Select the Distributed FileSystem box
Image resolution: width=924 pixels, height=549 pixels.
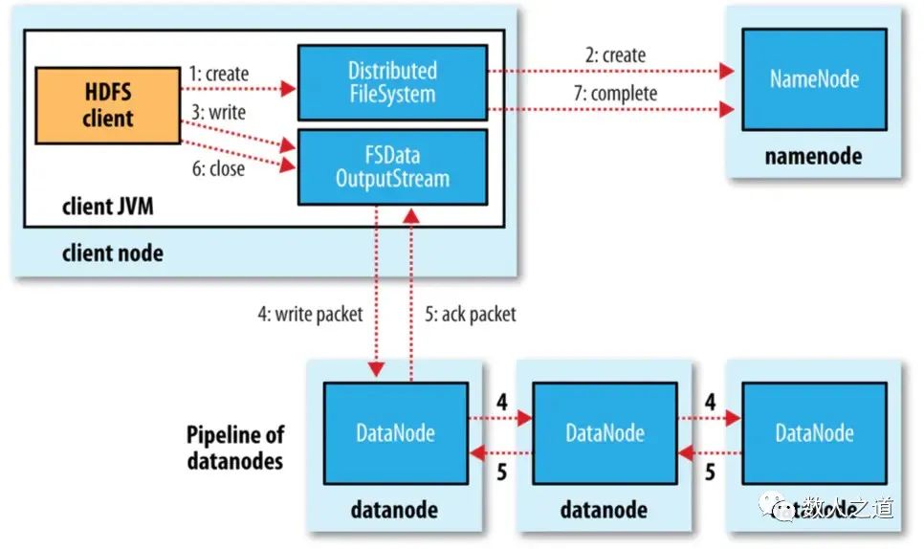point(392,82)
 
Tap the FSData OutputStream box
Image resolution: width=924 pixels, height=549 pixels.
point(392,166)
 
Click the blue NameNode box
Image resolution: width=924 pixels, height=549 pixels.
point(814,78)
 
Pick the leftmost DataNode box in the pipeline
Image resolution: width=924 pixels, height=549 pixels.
point(395,432)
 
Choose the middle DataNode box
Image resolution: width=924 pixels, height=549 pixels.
point(605,433)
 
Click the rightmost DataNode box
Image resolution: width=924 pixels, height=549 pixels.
point(814,433)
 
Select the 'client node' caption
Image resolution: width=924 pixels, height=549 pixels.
point(112,253)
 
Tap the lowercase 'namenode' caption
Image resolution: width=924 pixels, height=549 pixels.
point(813,156)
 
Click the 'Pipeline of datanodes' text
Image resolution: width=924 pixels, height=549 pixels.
point(234,446)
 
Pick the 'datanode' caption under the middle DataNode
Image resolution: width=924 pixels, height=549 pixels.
point(605,510)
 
